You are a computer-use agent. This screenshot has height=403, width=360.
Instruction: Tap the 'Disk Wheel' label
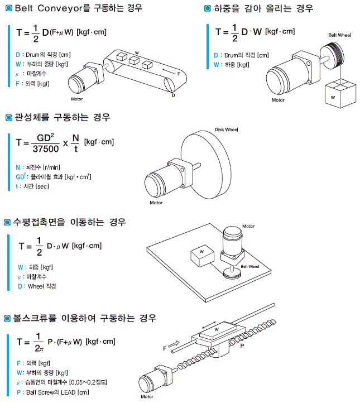pyautogui.click(x=226, y=129)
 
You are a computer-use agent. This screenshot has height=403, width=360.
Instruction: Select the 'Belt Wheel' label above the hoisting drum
pyautogui.click(x=339, y=35)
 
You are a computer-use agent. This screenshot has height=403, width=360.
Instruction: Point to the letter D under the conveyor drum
pyautogui.click(x=174, y=95)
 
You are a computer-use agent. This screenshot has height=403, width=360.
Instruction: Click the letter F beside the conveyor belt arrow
pyautogui.click(x=178, y=73)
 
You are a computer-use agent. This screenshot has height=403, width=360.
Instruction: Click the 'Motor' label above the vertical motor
pyautogui.click(x=248, y=227)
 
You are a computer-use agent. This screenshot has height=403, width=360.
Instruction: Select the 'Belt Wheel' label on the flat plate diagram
pyautogui.click(x=249, y=267)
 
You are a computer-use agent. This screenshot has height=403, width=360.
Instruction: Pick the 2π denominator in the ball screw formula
pyautogui.click(x=39, y=348)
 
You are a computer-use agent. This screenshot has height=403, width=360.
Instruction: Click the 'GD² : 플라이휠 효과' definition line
pyautogui.click(x=54, y=176)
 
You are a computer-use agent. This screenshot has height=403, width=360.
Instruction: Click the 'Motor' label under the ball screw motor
pyautogui.click(x=147, y=397)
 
